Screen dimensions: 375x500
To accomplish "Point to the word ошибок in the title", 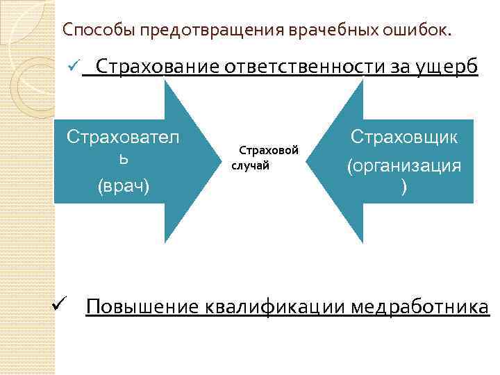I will (415, 30).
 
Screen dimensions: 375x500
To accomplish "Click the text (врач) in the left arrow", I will (123, 185).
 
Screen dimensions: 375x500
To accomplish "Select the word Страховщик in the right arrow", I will (403, 136).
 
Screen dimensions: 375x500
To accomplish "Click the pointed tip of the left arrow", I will (215, 160).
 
